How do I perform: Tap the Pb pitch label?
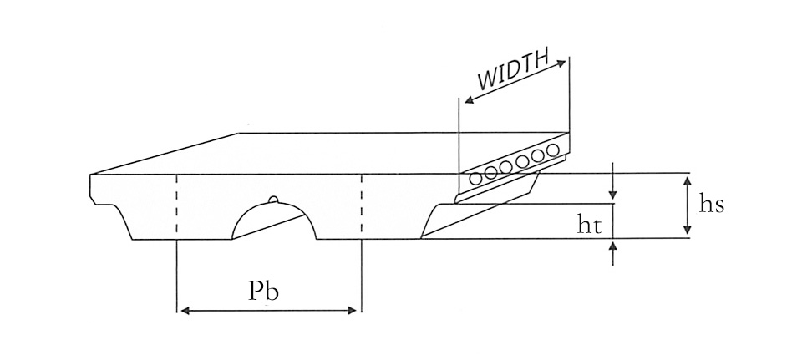click(264, 291)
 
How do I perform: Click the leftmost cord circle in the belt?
click(476, 177)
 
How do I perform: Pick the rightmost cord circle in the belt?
click(551, 151)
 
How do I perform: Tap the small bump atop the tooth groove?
click(273, 199)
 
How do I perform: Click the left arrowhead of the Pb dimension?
click(184, 311)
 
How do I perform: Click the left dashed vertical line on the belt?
click(177, 206)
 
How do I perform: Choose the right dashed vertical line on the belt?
click(361, 206)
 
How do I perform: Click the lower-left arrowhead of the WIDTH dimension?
click(468, 100)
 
